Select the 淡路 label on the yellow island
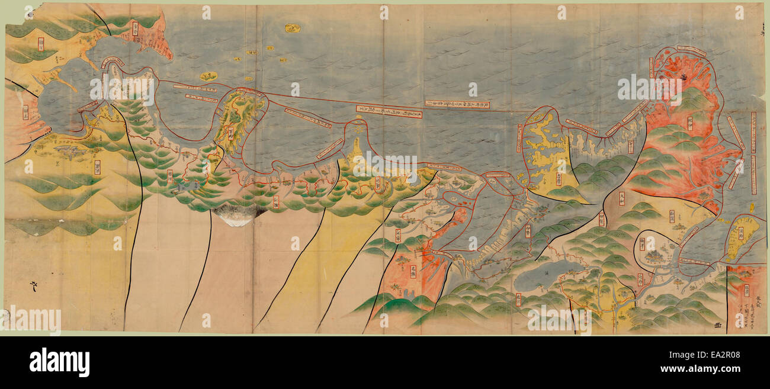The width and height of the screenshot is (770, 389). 740,236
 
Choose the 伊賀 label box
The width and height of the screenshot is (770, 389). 601,220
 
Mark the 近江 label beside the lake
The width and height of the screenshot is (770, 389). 518,299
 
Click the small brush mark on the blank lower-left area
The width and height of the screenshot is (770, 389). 33,287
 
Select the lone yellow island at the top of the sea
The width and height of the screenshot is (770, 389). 292,28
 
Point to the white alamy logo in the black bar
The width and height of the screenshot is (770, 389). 59,362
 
